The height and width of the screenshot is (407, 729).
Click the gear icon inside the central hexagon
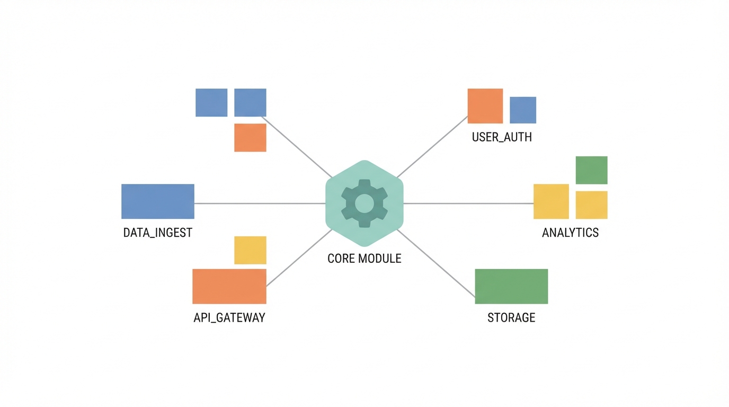coord(364,203)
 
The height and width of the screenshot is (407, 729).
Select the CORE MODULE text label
coord(364,259)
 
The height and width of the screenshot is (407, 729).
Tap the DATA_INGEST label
coord(157,233)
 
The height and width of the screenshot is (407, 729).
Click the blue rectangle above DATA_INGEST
coord(157,201)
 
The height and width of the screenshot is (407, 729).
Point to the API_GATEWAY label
coord(229,318)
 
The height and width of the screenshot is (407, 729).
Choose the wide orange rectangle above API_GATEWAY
coord(229,286)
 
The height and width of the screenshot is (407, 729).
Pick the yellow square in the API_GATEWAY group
coord(250,250)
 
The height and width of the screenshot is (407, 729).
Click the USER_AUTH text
coord(502,137)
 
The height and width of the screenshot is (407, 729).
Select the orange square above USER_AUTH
coord(485,106)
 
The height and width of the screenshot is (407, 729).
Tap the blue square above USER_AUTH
coord(522,110)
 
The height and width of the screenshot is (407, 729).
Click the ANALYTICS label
coord(570,233)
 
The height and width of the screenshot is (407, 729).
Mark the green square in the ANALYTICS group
coord(591,170)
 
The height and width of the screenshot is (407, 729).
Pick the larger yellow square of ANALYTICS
coord(551,201)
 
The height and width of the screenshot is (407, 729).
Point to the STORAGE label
coord(511,318)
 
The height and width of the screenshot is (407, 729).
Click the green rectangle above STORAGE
coord(511,286)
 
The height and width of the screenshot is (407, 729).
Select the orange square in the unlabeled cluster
coord(250,138)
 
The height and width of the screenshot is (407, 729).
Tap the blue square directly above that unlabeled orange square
coord(250,102)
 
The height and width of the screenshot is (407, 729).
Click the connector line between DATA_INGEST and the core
coord(260,203)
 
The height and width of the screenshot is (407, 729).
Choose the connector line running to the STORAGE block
coord(436,263)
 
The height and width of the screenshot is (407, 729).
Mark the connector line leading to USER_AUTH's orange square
coord(432,147)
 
